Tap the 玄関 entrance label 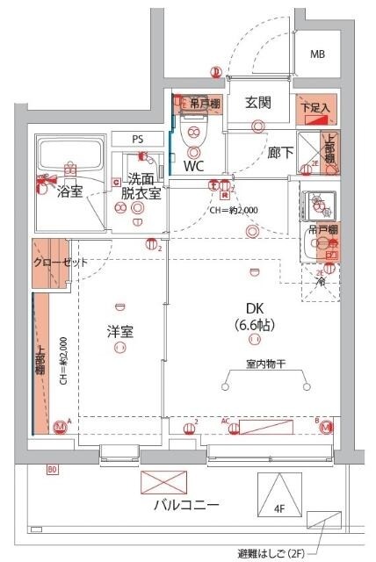pyautogui.click(x=257, y=102)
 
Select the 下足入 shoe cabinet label pyautogui.click(x=314, y=108)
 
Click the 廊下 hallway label pyautogui.click(x=280, y=151)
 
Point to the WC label pyautogui.click(x=196, y=164)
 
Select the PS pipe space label pyautogui.click(x=137, y=139)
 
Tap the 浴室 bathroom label pyautogui.click(x=70, y=191)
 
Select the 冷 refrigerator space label pyautogui.click(x=321, y=283)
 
